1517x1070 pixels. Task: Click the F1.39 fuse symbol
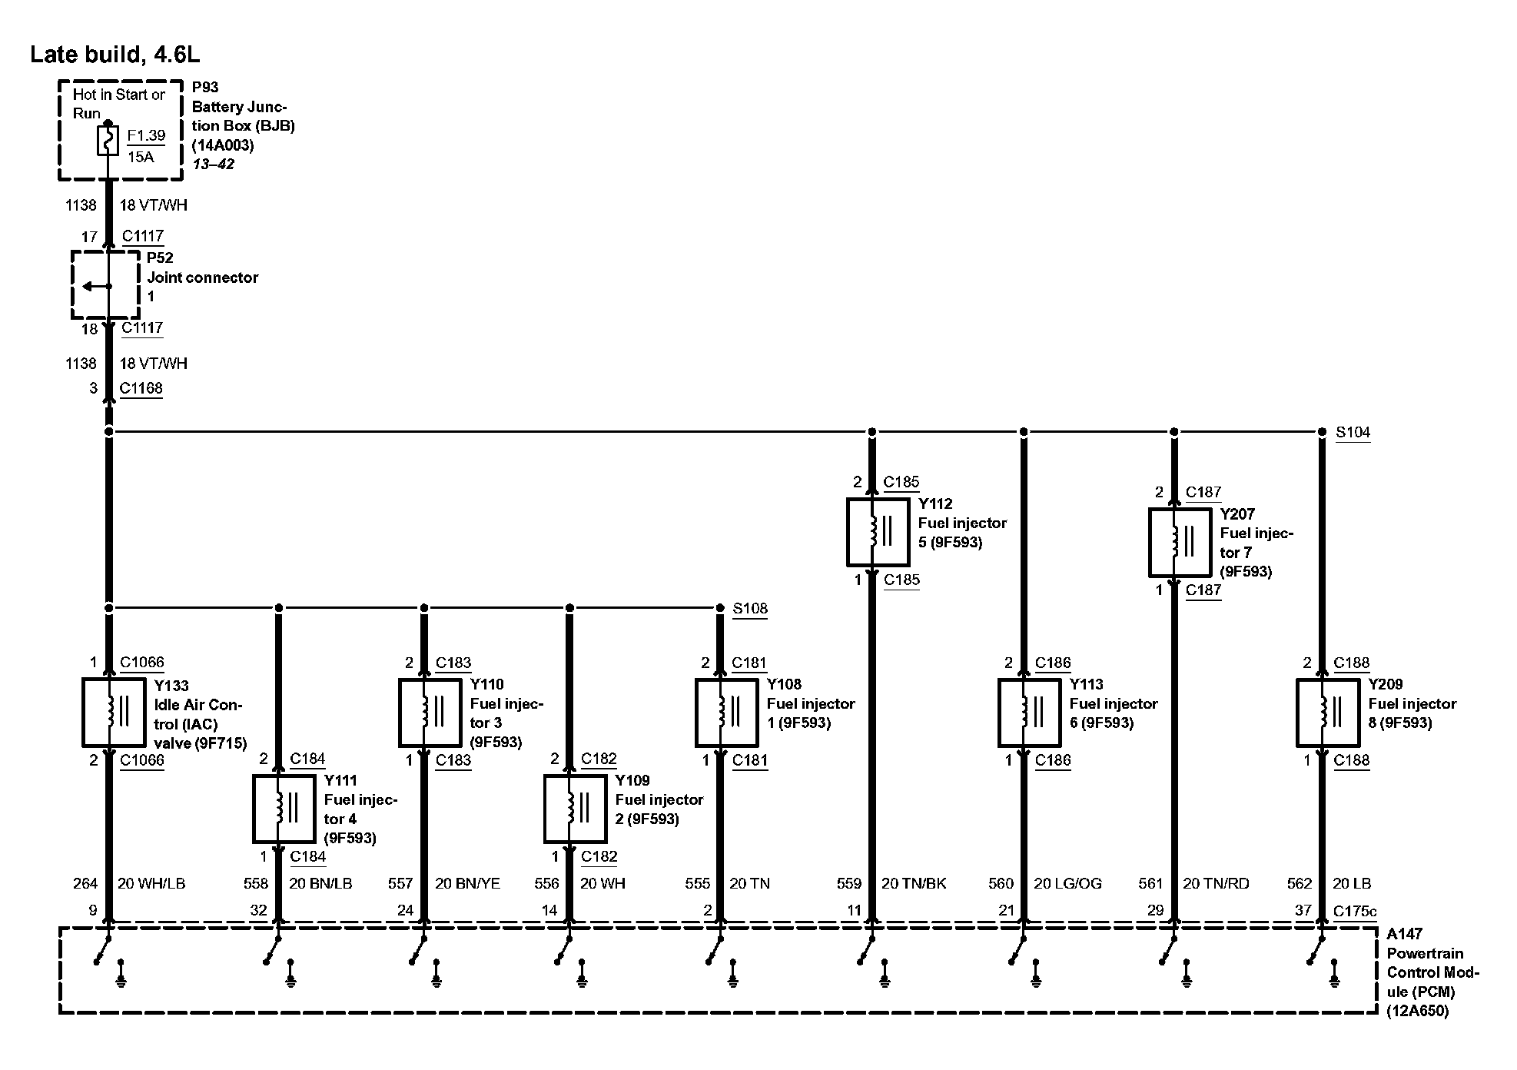coord(108,141)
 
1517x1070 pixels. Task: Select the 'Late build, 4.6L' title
coord(115,55)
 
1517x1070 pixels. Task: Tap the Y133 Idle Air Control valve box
coord(114,713)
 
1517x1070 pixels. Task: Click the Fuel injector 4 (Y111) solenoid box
coord(284,809)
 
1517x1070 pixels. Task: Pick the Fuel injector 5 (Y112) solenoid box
coord(878,532)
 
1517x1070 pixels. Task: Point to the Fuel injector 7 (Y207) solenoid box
coord(1180,542)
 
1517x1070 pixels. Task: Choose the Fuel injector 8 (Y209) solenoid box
coord(1328,713)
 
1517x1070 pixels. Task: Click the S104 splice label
coord(1353,433)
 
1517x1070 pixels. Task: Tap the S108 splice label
coord(749,609)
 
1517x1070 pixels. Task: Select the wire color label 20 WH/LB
coord(151,884)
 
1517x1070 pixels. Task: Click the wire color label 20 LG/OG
coord(1067,884)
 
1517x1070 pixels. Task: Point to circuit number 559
coord(849,884)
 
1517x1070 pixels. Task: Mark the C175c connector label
coord(1355,912)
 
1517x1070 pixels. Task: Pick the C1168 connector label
coord(141,388)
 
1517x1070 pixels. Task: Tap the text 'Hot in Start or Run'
coord(118,104)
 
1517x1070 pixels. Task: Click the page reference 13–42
coord(213,164)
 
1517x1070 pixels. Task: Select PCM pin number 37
coord(1303,911)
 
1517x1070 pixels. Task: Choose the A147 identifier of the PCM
coord(1404,935)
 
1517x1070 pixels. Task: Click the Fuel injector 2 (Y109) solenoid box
coord(575,809)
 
